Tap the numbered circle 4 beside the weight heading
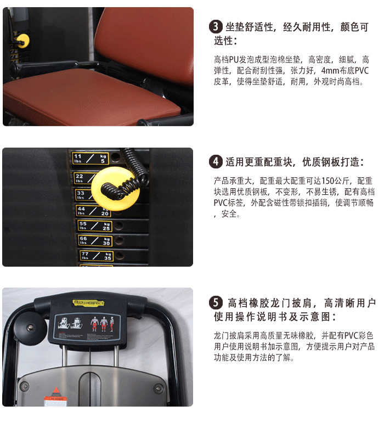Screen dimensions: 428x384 216,162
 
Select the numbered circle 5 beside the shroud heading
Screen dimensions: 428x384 216,303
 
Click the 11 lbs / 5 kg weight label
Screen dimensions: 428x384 91,159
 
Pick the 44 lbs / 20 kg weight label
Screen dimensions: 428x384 93,210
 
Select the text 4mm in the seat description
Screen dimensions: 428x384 330,71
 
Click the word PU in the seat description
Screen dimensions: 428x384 235,60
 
